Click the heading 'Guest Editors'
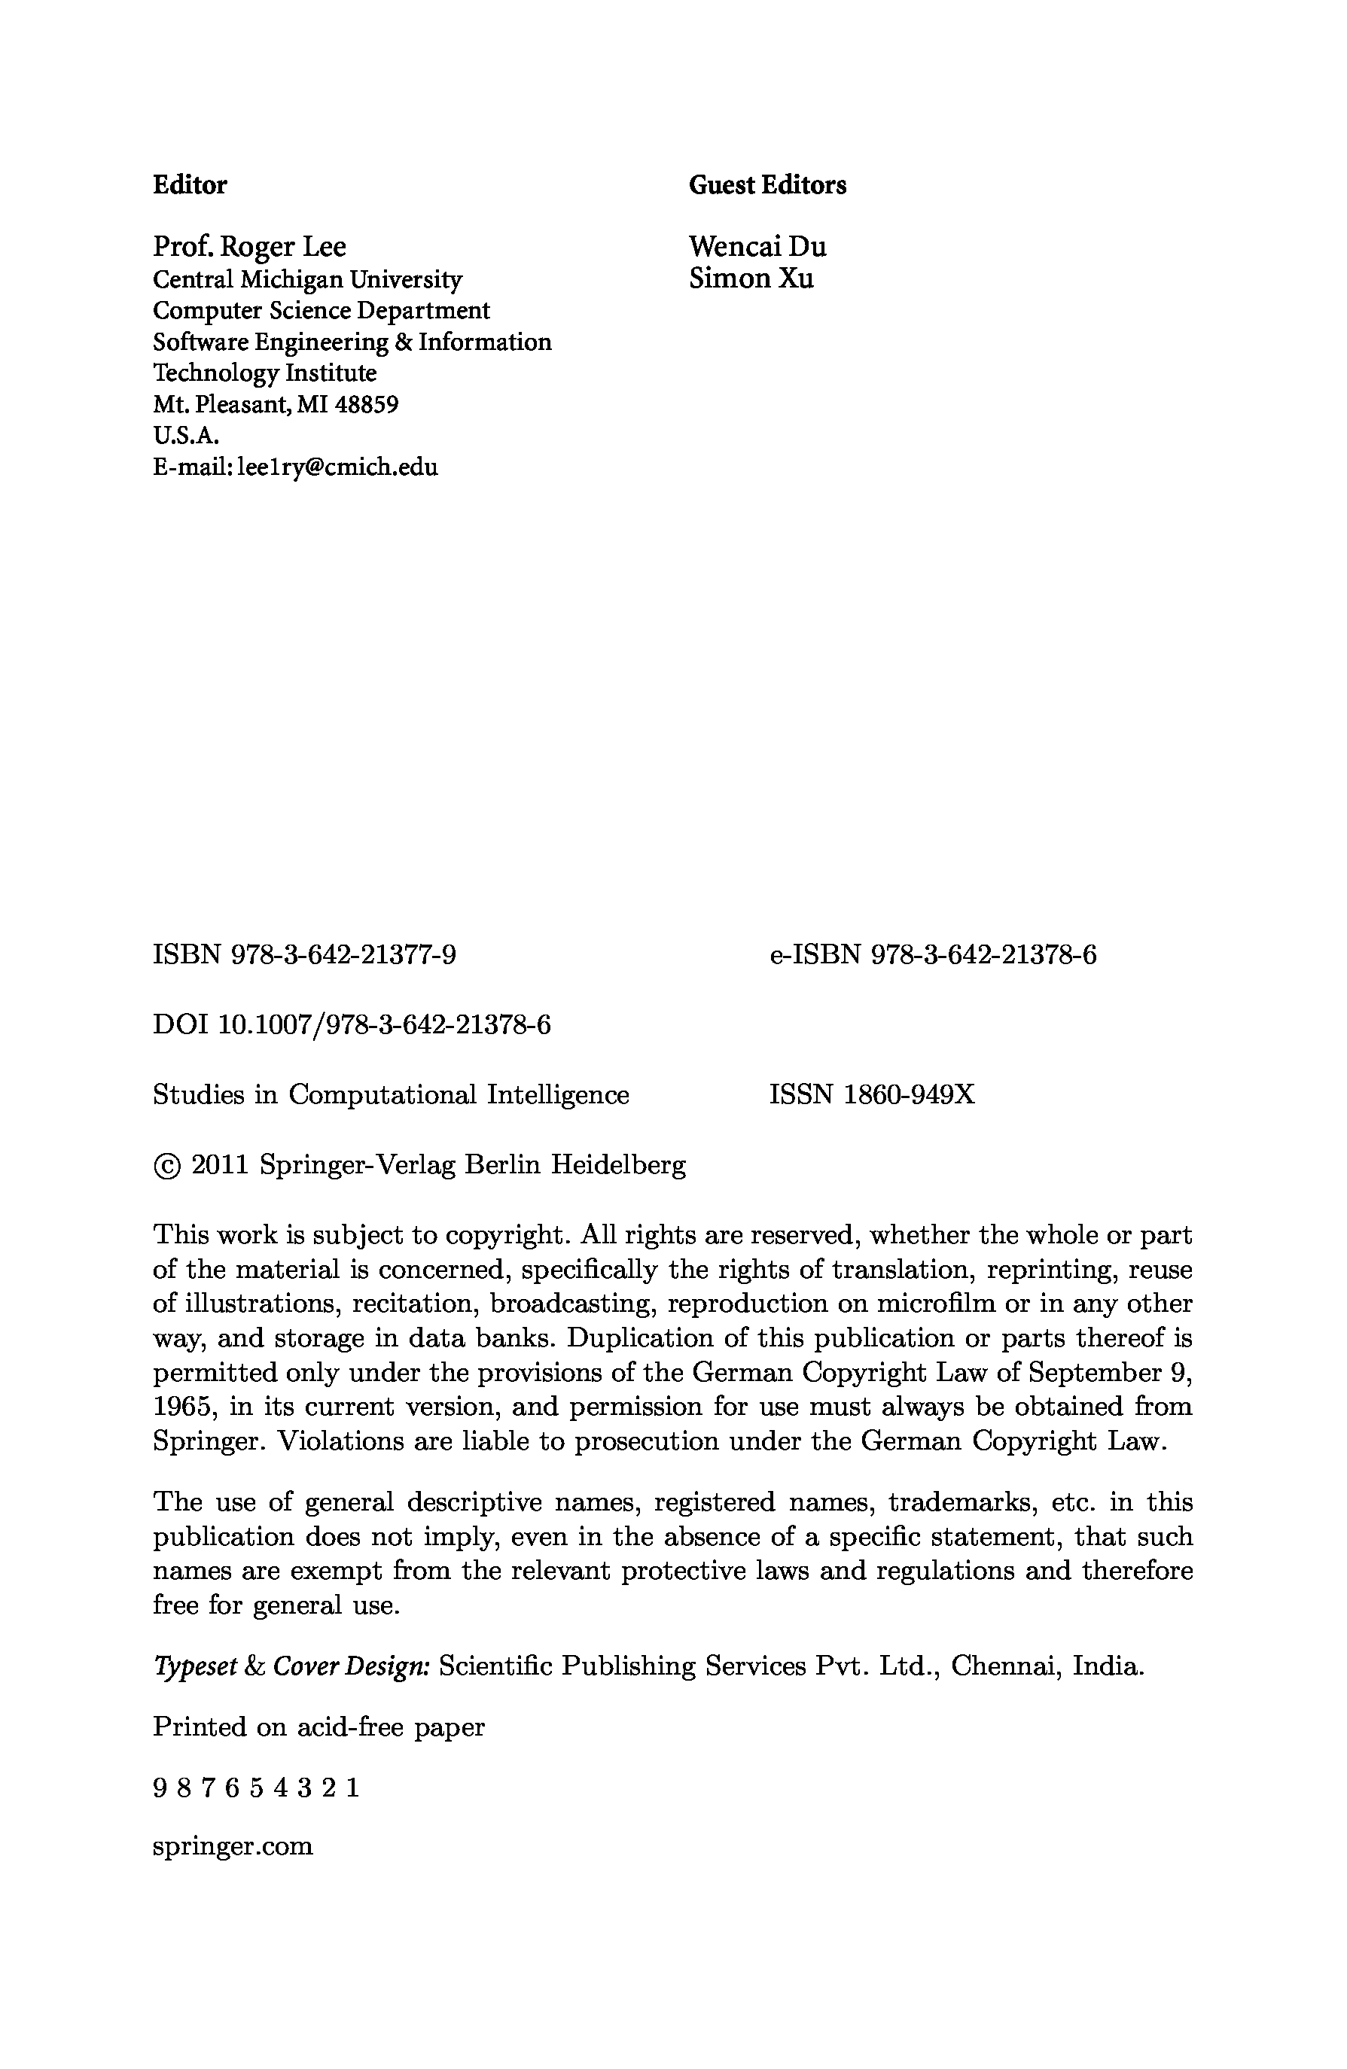(767, 184)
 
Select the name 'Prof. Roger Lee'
(249, 247)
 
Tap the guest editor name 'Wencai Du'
(757, 247)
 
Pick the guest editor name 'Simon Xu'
(751, 278)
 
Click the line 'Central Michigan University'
(308, 280)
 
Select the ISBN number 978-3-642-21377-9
(343, 955)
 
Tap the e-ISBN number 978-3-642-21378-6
(983, 955)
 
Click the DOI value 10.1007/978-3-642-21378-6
(383, 1025)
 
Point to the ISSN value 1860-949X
(909, 1094)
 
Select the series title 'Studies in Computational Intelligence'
(391, 1094)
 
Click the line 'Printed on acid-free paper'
(318, 1727)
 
